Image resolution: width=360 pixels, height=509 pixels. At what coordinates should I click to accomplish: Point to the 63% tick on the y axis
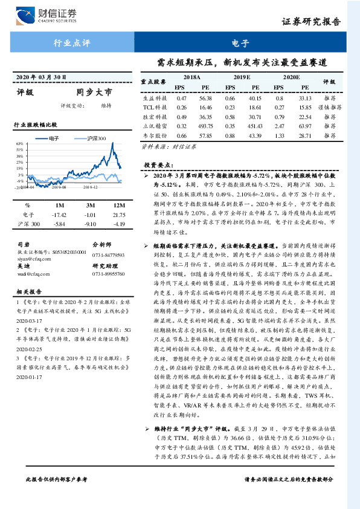20,143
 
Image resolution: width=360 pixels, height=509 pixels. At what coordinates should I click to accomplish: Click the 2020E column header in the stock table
291,78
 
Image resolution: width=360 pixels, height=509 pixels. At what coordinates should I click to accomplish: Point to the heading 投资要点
159,164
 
